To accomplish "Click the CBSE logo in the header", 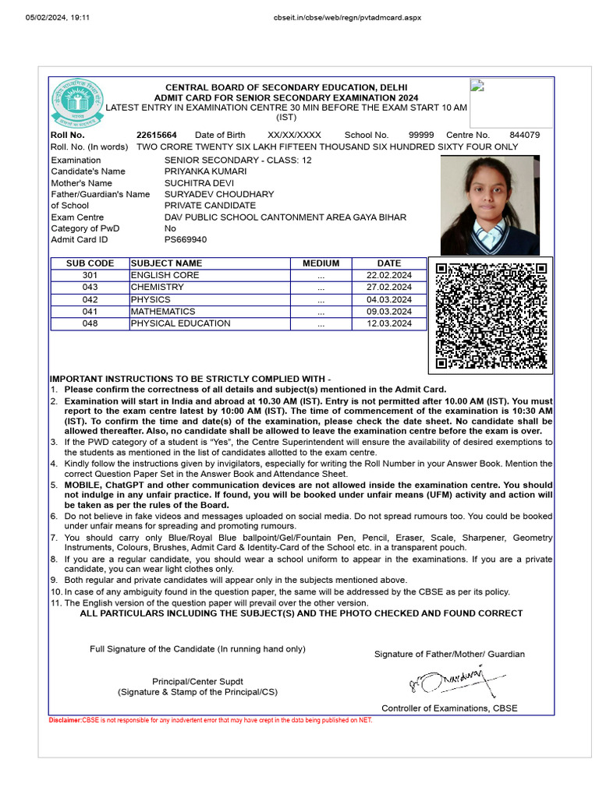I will pyautogui.click(x=76, y=105).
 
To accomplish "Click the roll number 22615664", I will pyautogui.click(x=156, y=135).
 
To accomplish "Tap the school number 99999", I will pyautogui.click(x=421, y=135).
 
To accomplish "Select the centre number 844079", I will pyautogui.click(x=524, y=135).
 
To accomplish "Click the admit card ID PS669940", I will pyautogui.click(x=186, y=240).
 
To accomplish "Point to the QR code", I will pyautogui.click(x=491, y=316).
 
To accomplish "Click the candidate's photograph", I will pyautogui.click(x=490, y=205).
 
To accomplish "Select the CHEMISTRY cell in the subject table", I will pyautogui.click(x=158, y=288).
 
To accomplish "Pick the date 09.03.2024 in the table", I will pyautogui.click(x=388, y=312).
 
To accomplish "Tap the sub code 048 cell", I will pyautogui.click(x=90, y=323).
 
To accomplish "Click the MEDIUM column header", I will pyautogui.click(x=321, y=263).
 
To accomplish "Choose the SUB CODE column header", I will pyautogui.click(x=90, y=263).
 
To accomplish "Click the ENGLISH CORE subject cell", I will pyautogui.click(x=165, y=275).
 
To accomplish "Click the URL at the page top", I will pyautogui.click(x=337, y=17).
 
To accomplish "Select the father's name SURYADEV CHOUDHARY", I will pyautogui.click(x=219, y=194).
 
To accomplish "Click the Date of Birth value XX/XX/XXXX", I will pyautogui.click(x=294, y=135).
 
